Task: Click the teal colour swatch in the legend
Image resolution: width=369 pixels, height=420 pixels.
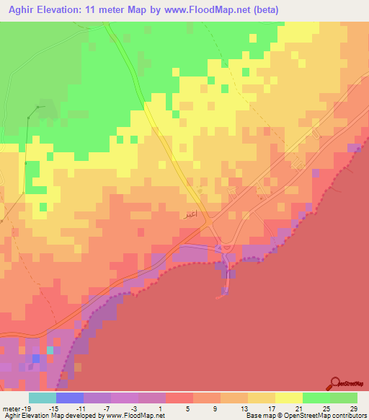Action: [43, 398]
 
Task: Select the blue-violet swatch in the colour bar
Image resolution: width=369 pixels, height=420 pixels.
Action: [70, 398]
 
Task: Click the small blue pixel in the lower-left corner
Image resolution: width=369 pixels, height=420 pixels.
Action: [35, 358]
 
